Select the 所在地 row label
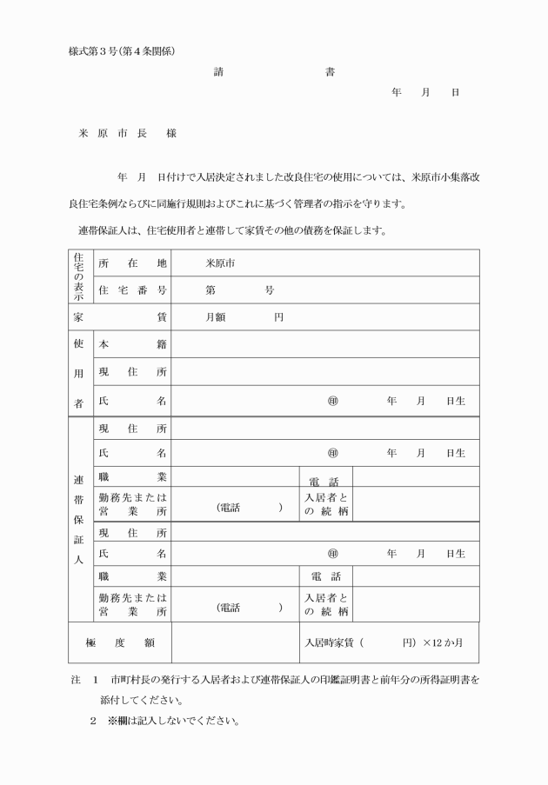[132, 263]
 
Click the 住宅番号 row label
[132, 289]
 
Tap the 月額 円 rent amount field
[244, 317]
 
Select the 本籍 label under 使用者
[132, 344]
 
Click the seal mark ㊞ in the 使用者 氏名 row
[331, 401]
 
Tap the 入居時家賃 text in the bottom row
[331, 642]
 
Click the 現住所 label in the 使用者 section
[132, 372]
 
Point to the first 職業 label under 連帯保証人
[132, 476]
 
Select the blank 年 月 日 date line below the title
[425, 92]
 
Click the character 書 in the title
[330, 72]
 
